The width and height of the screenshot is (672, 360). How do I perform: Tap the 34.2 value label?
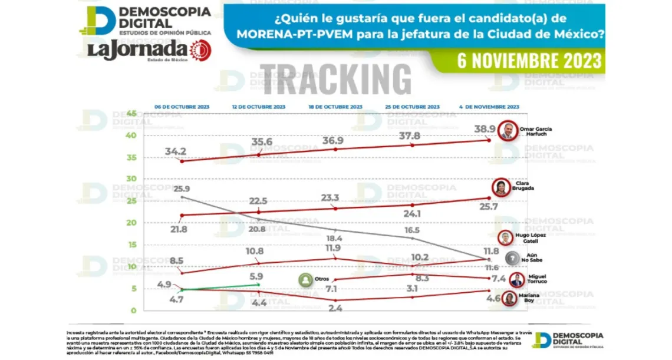(175, 151)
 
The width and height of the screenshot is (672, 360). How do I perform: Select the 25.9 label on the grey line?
(182, 189)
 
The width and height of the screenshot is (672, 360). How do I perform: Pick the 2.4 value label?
(335, 308)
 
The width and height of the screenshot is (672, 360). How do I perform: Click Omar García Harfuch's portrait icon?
(507, 131)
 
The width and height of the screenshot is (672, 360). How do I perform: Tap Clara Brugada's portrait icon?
(502, 188)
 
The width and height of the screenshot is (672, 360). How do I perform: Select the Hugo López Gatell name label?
(530, 237)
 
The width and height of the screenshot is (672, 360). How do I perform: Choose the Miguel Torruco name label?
(537, 279)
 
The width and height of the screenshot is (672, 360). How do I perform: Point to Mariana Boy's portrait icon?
(509, 299)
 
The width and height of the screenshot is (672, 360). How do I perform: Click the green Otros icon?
(305, 279)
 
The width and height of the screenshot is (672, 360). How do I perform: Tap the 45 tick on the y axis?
(131, 113)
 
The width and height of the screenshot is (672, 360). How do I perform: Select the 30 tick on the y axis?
(131, 179)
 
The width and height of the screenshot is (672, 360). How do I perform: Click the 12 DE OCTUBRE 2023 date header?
(259, 107)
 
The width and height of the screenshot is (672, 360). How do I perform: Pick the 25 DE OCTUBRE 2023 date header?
(412, 107)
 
